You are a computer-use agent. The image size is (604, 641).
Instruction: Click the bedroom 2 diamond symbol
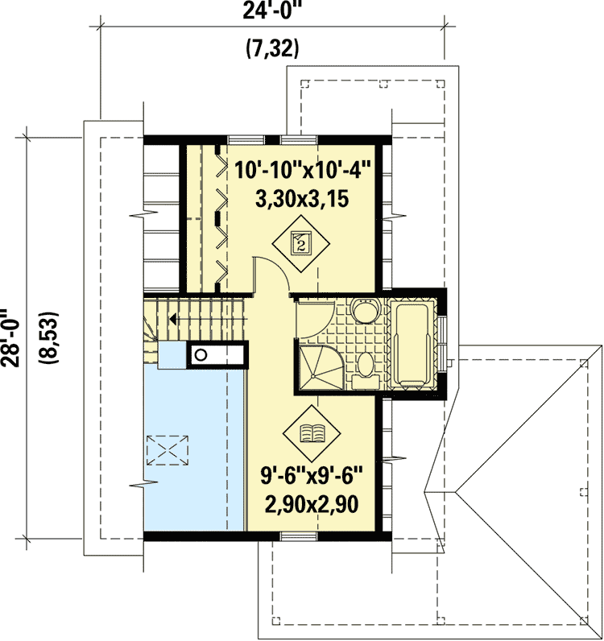(300, 242)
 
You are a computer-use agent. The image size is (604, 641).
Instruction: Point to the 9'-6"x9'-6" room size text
(312, 477)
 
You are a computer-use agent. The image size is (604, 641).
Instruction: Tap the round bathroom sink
(363, 309)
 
